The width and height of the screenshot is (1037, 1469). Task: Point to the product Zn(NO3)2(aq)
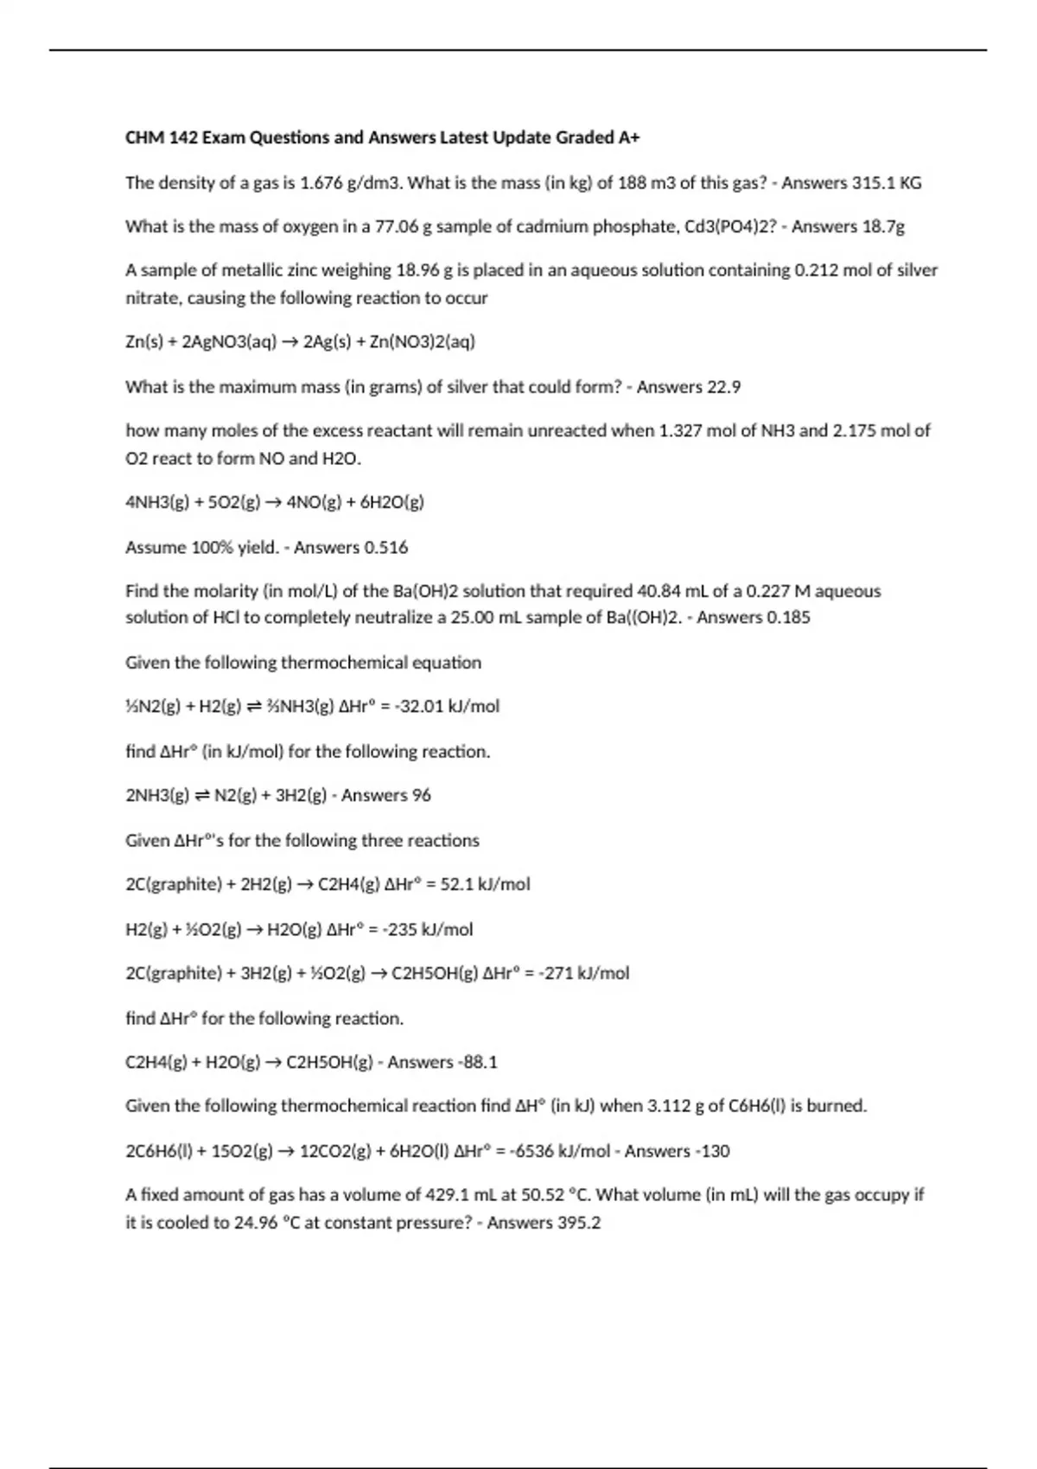[x=423, y=342]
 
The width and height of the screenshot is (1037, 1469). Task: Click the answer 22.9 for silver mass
[x=723, y=387]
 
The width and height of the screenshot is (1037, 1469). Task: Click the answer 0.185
[x=787, y=618]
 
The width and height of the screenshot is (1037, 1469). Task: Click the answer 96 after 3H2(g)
[x=420, y=796]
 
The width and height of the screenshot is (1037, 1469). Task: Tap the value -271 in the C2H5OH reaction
[x=557, y=974]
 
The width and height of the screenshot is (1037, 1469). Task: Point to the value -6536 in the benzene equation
[x=532, y=1152]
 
